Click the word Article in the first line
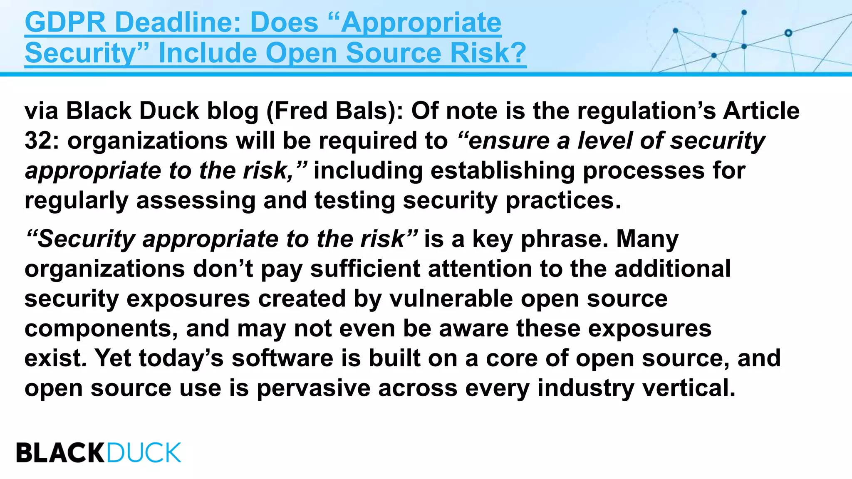[761, 111]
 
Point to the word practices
[563, 201]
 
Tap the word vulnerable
[451, 299]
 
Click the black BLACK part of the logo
[61, 453]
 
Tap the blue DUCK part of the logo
[144, 453]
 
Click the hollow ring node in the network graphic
[788, 33]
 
